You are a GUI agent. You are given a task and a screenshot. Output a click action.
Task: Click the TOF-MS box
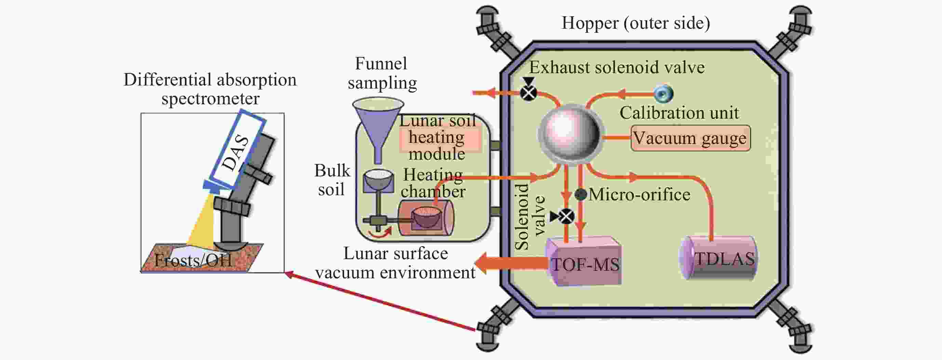point(584,262)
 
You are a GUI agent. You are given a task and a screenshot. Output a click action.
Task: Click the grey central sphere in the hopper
point(569,135)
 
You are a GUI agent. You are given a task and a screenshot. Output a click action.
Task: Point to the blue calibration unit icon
point(663,93)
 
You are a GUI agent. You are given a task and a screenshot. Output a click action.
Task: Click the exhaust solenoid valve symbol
point(528,93)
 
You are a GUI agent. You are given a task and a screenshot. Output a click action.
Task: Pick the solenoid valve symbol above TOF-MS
point(566,216)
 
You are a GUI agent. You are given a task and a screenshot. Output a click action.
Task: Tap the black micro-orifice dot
point(581,194)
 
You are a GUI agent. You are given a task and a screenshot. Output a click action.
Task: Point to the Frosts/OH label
point(193,260)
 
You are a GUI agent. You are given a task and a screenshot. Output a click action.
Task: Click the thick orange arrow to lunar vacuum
point(512,263)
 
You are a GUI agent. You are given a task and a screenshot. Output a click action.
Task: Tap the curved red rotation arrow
point(380,234)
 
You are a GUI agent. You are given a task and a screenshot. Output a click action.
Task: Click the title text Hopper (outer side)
point(635,23)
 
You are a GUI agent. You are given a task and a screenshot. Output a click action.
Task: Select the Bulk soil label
point(332,180)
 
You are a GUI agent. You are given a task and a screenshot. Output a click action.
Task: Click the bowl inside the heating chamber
point(426,217)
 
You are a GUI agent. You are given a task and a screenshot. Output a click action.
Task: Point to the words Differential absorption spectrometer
point(210,89)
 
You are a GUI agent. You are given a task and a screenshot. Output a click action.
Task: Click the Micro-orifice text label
point(639,194)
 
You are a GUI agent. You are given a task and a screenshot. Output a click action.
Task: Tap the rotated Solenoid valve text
point(529,217)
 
